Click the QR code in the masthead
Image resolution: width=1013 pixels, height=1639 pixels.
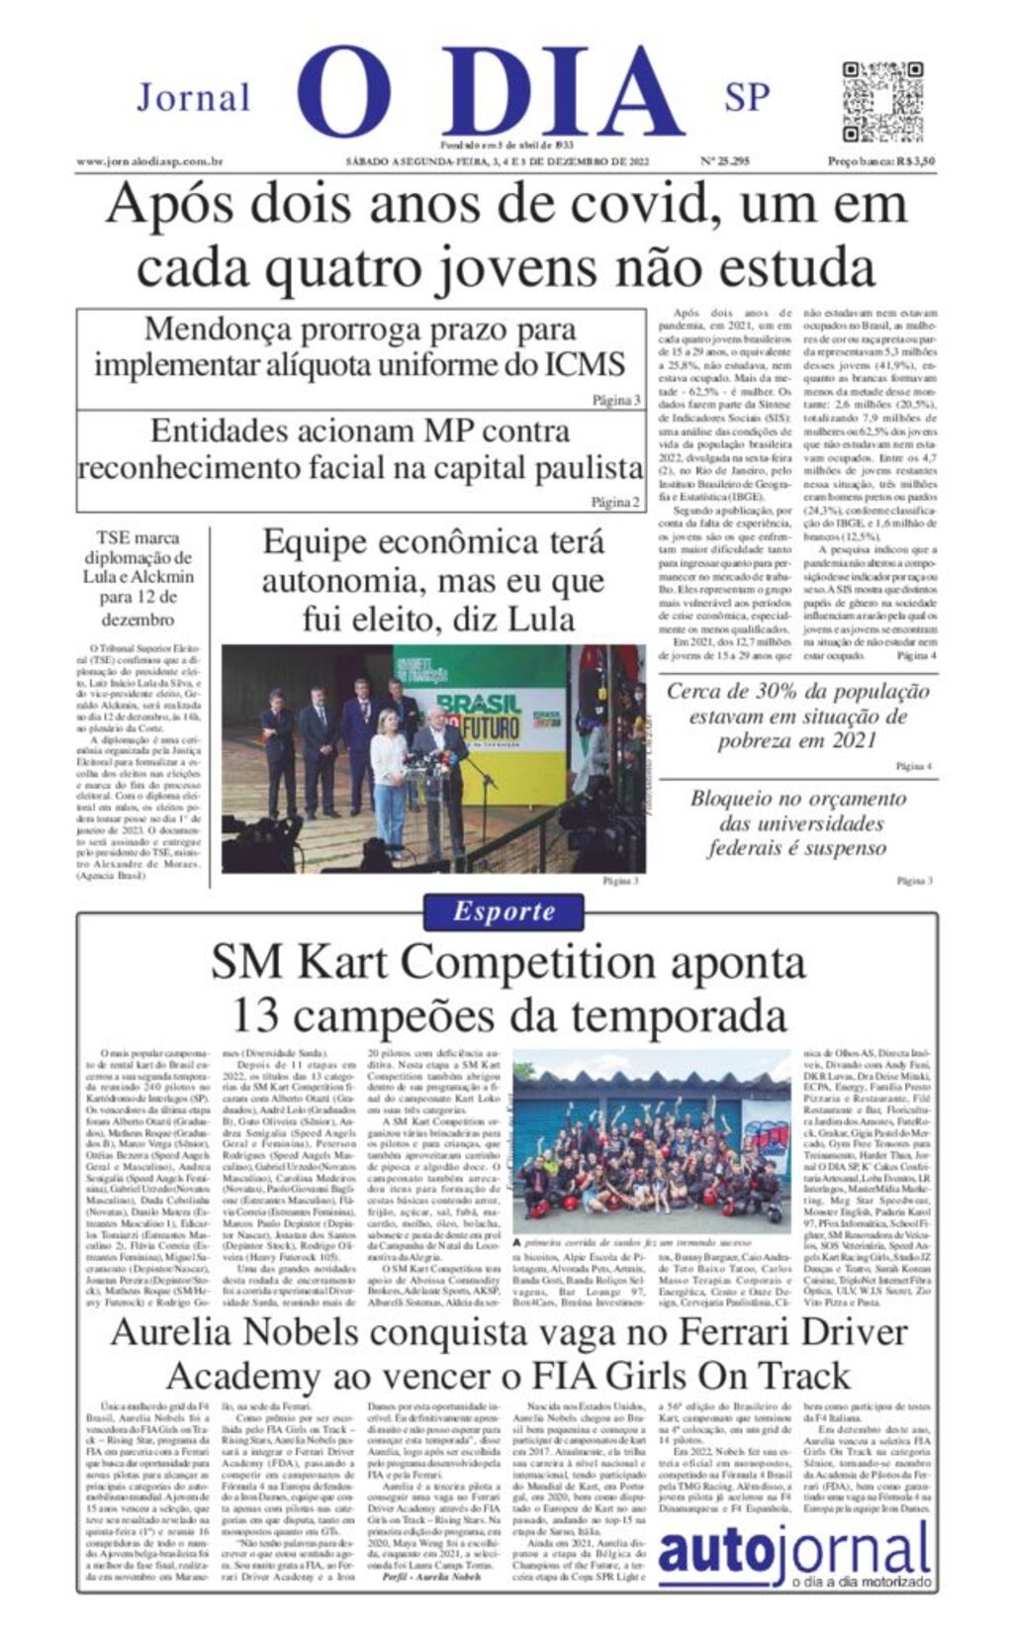[882, 102]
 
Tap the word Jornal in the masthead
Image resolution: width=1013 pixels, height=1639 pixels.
[194, 98]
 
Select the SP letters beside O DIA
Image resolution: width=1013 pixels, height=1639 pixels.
[747, 97]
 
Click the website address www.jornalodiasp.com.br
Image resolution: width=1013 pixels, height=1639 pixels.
[149, 161]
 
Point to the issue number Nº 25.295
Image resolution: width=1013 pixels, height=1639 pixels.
[725, 161]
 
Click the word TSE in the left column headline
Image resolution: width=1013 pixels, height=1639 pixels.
[114, 537]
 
